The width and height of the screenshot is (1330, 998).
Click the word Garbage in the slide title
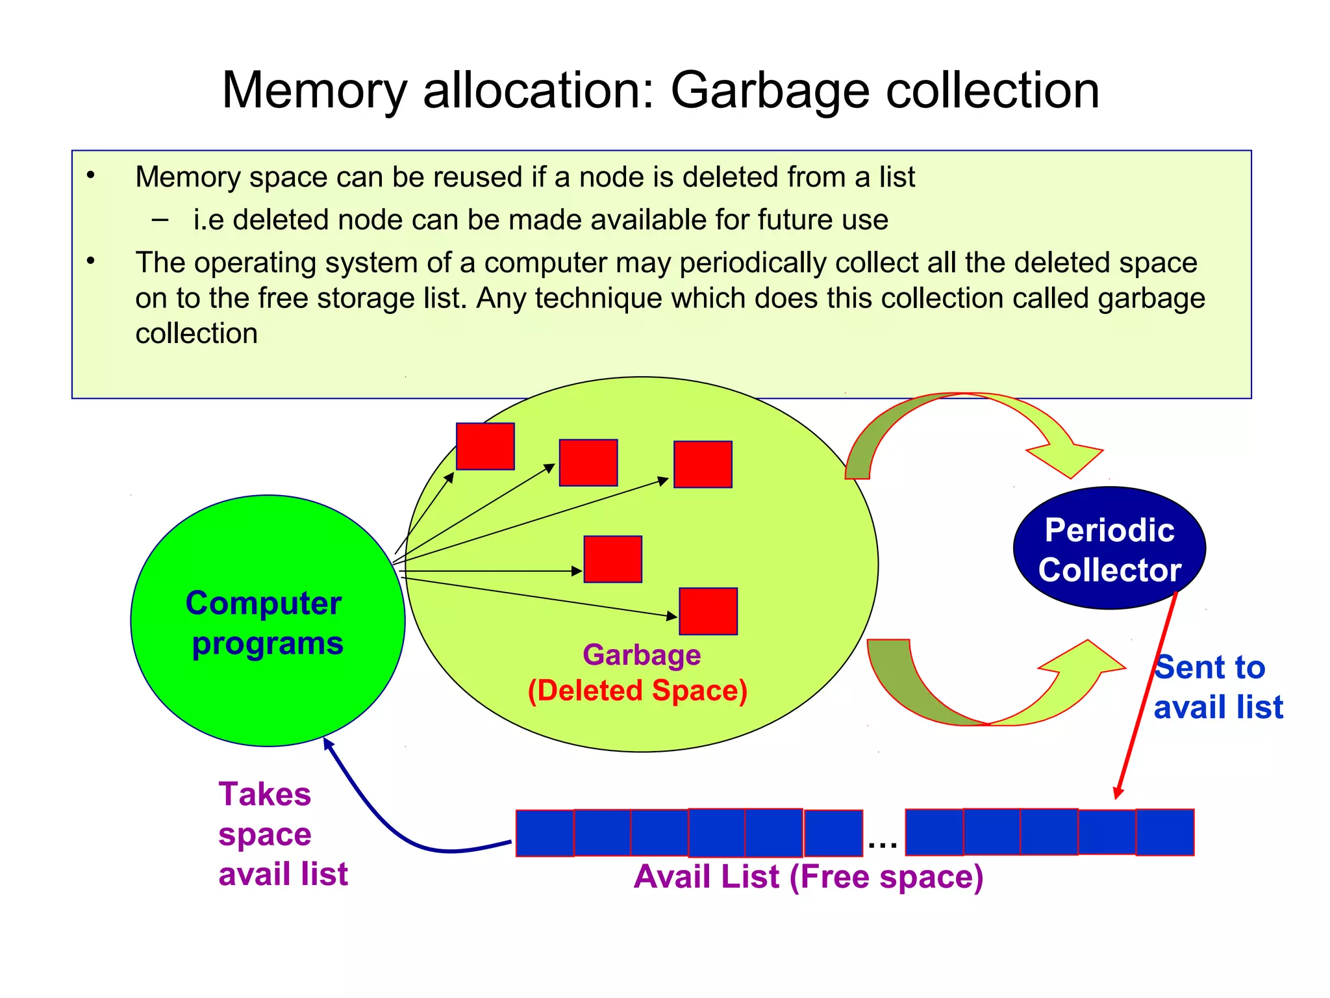tap(770, 91)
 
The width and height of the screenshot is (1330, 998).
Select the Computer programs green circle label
tap(265, 622)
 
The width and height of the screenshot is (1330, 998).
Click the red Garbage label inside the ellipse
tap(642, 655)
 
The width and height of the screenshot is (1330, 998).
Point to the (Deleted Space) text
tap(638, 691)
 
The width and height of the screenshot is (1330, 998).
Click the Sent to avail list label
tap(1217, 687)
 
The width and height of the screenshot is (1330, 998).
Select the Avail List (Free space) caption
tap(808, 877)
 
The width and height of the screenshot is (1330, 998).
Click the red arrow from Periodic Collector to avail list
tap(1147, 695)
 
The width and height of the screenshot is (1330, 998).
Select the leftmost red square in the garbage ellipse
tap(485, 446)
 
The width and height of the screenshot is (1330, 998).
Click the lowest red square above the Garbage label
tap(708, 611)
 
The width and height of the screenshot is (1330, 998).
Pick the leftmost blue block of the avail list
tap(544, 833)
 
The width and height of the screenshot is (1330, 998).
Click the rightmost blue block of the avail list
tap(1165, 832)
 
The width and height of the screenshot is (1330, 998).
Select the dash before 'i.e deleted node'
tap(160, 220)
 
